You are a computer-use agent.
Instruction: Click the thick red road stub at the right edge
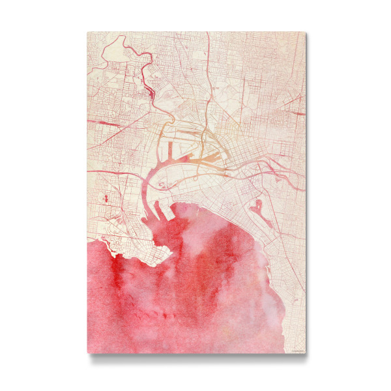(300, 96)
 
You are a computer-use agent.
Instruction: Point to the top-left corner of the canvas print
(88, 32)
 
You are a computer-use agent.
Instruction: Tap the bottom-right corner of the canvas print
(304, 353)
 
